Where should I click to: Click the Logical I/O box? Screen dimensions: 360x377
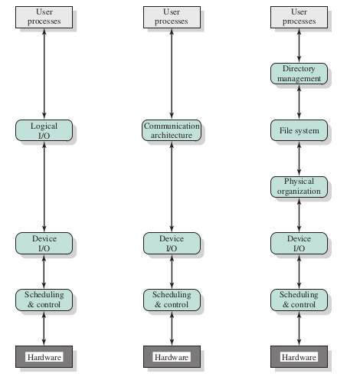coord(44,130)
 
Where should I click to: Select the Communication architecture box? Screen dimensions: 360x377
coord(172,130)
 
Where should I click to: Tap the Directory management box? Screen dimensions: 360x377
coord(299,74)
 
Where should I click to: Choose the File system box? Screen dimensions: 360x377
coord(299,130)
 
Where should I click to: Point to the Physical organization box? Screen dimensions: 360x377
coord(299,187)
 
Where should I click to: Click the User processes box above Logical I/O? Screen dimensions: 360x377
coord(44,17)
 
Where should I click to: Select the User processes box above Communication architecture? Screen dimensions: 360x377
coord(172,17)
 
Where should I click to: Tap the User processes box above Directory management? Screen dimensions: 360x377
coord(299,17)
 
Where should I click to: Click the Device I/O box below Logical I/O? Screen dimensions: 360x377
coord(44,243)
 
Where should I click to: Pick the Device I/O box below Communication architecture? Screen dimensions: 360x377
coord(172,243)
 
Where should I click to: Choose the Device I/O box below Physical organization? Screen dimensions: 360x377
coord(299,243)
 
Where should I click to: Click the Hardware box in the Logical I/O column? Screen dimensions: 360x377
coord(44,356)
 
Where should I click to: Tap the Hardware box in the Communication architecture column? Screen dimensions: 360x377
coord(172,356)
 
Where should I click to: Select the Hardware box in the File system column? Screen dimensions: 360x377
coord(299,356)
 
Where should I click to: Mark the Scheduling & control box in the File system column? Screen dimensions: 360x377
coord(299,300)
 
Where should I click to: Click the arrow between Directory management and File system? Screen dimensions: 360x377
coord(299,102)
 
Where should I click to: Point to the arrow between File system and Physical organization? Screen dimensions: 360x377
coord(299,159)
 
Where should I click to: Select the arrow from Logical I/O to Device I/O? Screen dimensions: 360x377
coord(44,187)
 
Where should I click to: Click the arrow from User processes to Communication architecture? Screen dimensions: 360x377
coord(172,74)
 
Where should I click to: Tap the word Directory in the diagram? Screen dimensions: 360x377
coord(299,69)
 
